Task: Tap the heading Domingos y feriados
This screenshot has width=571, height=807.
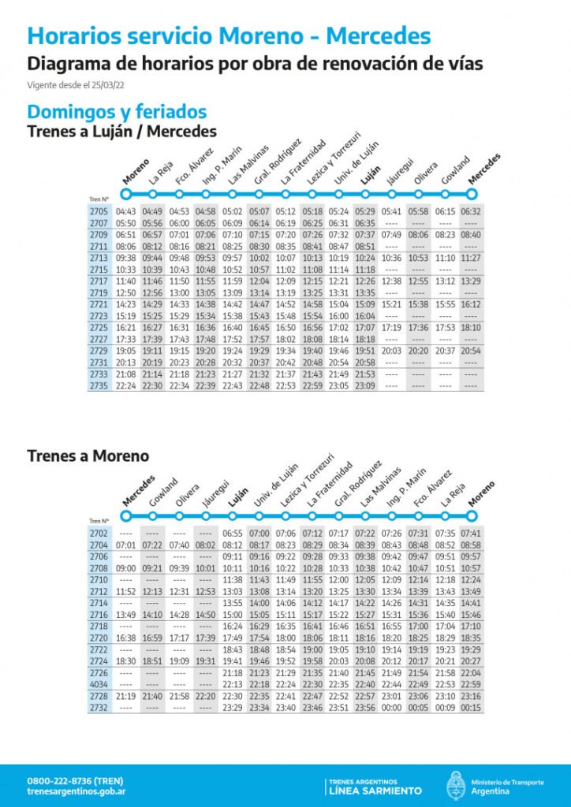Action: coord(117,111)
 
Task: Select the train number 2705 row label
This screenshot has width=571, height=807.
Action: coord(99,211)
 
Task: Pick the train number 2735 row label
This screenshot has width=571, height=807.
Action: coord(99,386)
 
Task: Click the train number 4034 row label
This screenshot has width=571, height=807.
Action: coord(99,684)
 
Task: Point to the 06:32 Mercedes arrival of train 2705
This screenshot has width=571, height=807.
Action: coord(471,211)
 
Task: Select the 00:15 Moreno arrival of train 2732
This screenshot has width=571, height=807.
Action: coord(471,708)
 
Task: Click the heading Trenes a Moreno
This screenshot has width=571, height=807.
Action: coord(88,456)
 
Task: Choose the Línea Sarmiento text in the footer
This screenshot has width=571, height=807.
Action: coord(375,790)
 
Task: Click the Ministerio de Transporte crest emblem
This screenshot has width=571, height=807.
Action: coord(456,786)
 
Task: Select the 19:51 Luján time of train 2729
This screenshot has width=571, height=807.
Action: coord(364,351)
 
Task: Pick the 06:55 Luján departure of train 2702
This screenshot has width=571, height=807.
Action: coord(233,534)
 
